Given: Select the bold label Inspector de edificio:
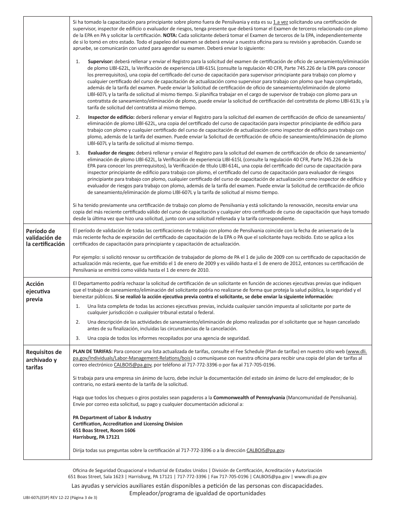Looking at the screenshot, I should click(x=106, y=118).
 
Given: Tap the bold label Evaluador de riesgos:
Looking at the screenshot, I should click(x=105, y=153).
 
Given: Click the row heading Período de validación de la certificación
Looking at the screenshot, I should click(x=45, y=237).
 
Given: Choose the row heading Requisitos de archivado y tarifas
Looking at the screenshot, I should click(x=44, y=359).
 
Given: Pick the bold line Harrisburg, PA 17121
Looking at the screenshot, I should click(x=96, y=437).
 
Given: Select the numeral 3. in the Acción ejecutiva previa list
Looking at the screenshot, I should click(x=78, y=337).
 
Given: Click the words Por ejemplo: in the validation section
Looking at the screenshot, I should click(x=85, y=257).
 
